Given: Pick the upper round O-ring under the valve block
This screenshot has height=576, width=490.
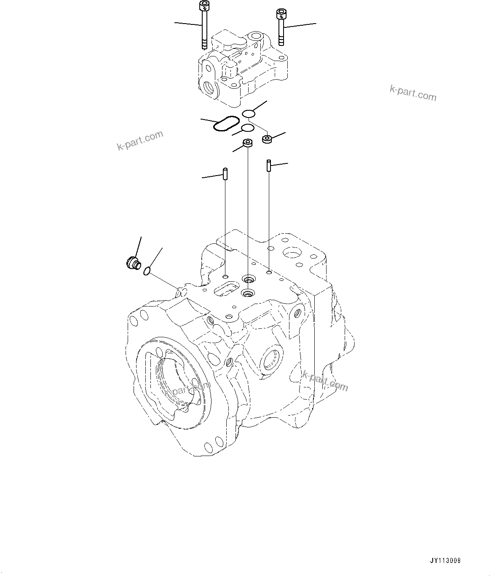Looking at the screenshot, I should pyautogui.click(x=249, y=114).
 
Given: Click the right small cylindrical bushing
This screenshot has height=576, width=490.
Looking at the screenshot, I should pyautogui.click(x=267, y=139).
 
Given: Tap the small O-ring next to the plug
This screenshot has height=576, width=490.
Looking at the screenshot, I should pyautogui.click(x=147, y=271).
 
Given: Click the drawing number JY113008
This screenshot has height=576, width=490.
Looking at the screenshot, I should pyautogui.click(x=445, y=561).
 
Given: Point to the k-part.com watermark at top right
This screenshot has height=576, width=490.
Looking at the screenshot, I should pyautogui.click(x=413, y=93).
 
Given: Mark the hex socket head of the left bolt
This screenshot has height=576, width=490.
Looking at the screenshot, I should pyautogui.click(x=204, y=6).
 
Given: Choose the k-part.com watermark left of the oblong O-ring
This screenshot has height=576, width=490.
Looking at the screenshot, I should pyautogui.click(x=140, y=141).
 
